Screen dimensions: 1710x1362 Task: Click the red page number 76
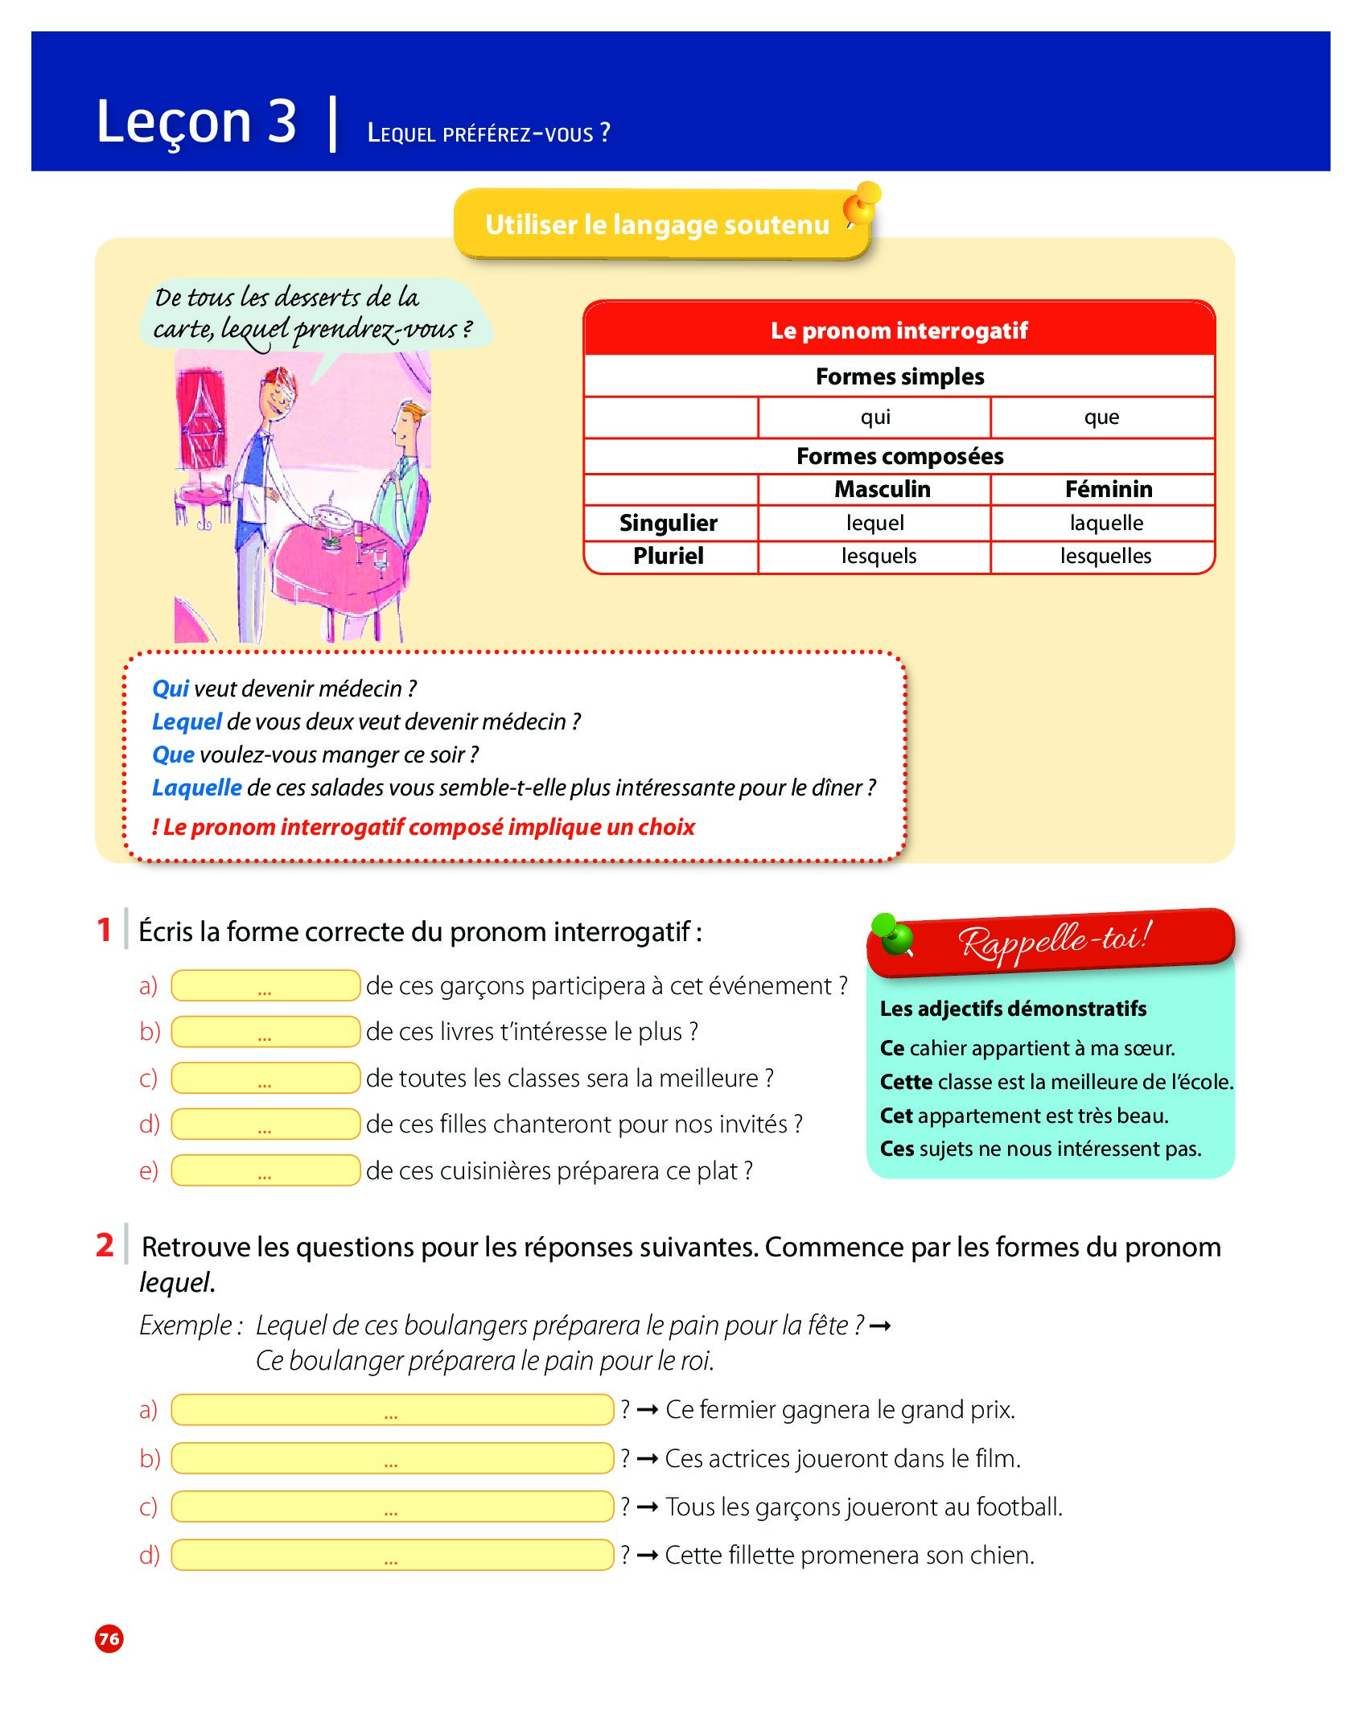click(x=109, y=1638)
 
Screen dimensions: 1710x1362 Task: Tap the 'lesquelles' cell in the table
click(x=1105, y=556)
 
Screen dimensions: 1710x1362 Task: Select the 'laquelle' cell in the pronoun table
click(x=1106, y=523)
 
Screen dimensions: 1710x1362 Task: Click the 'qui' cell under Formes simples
click(x=875, y=417)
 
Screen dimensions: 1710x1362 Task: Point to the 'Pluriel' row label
click(x=668, y=556)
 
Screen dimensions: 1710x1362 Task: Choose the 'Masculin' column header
click(x=882, y=489)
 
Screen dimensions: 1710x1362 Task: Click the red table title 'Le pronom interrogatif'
click(x=899, y=331)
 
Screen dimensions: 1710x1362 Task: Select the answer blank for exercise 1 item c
click(x=265, y=1078)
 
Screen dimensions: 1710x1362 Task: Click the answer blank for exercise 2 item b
click(x=392, y=1458)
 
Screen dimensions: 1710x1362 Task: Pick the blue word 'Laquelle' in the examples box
click(x=197, y=787)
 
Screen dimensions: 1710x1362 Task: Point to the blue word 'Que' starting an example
click(x=173, y=754)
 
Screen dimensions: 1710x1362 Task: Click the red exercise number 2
click(x=105, y=1245)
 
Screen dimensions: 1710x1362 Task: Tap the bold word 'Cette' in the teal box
click(x=906, y=1082)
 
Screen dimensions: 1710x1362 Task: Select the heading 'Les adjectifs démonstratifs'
click(x=1013, y=1009)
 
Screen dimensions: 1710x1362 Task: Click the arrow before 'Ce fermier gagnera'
click(x=648, y=1410)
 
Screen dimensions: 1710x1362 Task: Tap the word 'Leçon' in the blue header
click(x=174, y=122)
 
